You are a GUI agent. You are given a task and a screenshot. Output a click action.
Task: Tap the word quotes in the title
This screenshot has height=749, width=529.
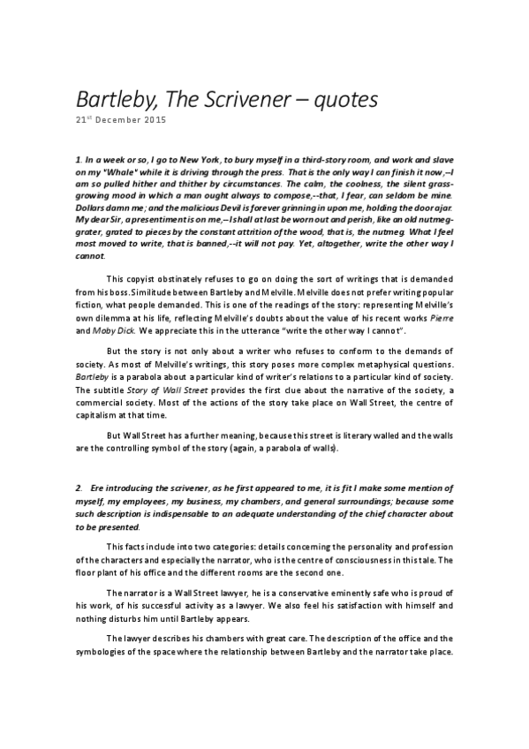pyautogui.click(x=345, y=99)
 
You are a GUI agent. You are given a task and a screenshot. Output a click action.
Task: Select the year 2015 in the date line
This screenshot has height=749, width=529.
pyautogui.click(x=153, y=120)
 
